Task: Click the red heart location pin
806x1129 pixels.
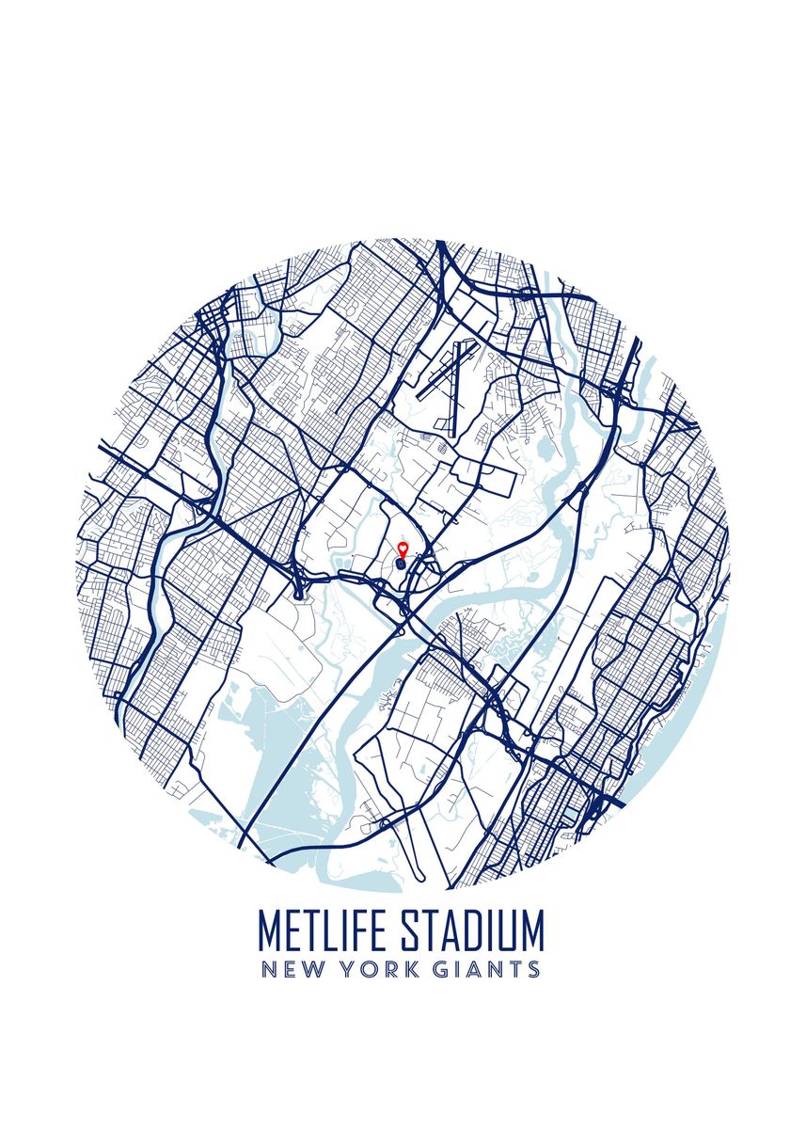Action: tap(403, 549)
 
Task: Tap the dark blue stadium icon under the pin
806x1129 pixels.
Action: tap(402, 564)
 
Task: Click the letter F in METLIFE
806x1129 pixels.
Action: tap(367, 930)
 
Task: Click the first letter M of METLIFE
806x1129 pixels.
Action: tap(270, 930)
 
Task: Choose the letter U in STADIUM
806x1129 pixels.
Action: tap(509, 930)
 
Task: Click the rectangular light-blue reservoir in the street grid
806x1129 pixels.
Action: tap(571, 810)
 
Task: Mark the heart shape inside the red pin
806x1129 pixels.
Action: tap(403, 547)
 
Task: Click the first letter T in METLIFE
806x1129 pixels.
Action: tap(315, 930)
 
